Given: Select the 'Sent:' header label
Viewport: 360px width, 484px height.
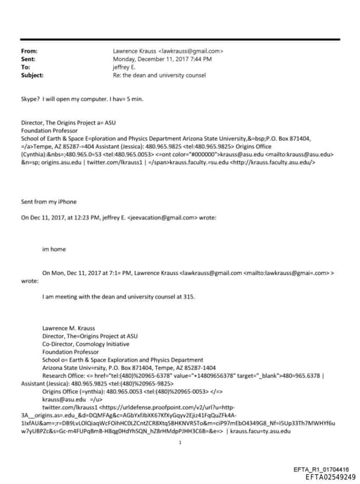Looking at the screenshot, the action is click(x=30, y=59).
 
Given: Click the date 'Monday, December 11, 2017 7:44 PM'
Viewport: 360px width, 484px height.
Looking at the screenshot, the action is click(x=162, y=59).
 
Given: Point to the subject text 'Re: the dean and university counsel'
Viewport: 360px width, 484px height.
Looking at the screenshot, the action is click(x=157, y=75).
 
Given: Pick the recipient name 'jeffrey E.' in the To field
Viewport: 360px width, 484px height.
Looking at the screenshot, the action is click(x=127, y=67).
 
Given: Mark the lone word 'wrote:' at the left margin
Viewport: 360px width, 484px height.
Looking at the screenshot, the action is click(x=30, y=280).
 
